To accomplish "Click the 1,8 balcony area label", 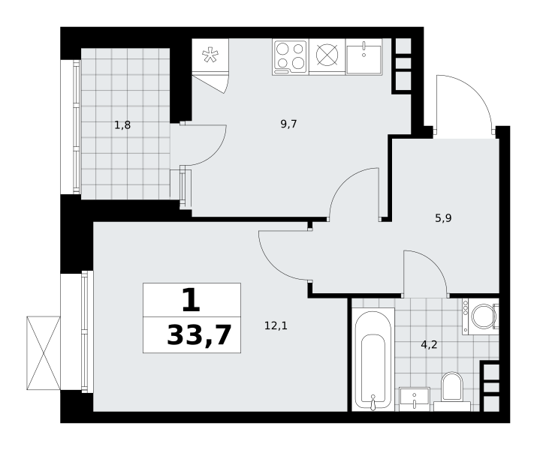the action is (122, 125).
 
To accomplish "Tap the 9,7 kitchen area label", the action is (288, 124).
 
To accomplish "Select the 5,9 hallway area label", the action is (444, 217).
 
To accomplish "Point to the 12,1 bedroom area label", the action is (276, 325).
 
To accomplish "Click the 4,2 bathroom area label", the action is (429, 345).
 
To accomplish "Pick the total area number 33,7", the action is (199, 335).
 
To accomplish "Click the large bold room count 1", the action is (191, 300).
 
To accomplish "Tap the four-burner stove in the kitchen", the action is (291, 58).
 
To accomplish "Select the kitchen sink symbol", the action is (364, 57).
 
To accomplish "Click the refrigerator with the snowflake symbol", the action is (210, 55).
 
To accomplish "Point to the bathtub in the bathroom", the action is (373, 359).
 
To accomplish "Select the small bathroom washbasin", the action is (415, 399).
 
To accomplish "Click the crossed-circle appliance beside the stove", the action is (327, 55).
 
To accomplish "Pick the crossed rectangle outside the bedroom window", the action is (44, 353).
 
